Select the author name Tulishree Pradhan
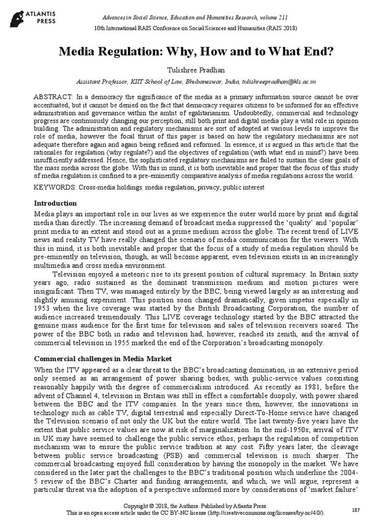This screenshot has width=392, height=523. point(196,69)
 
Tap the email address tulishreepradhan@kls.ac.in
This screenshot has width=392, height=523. point(278,81)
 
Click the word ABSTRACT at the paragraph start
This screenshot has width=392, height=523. point(53,97)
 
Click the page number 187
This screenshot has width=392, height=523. point(356,511)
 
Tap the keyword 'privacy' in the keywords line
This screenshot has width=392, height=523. point(206,187)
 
